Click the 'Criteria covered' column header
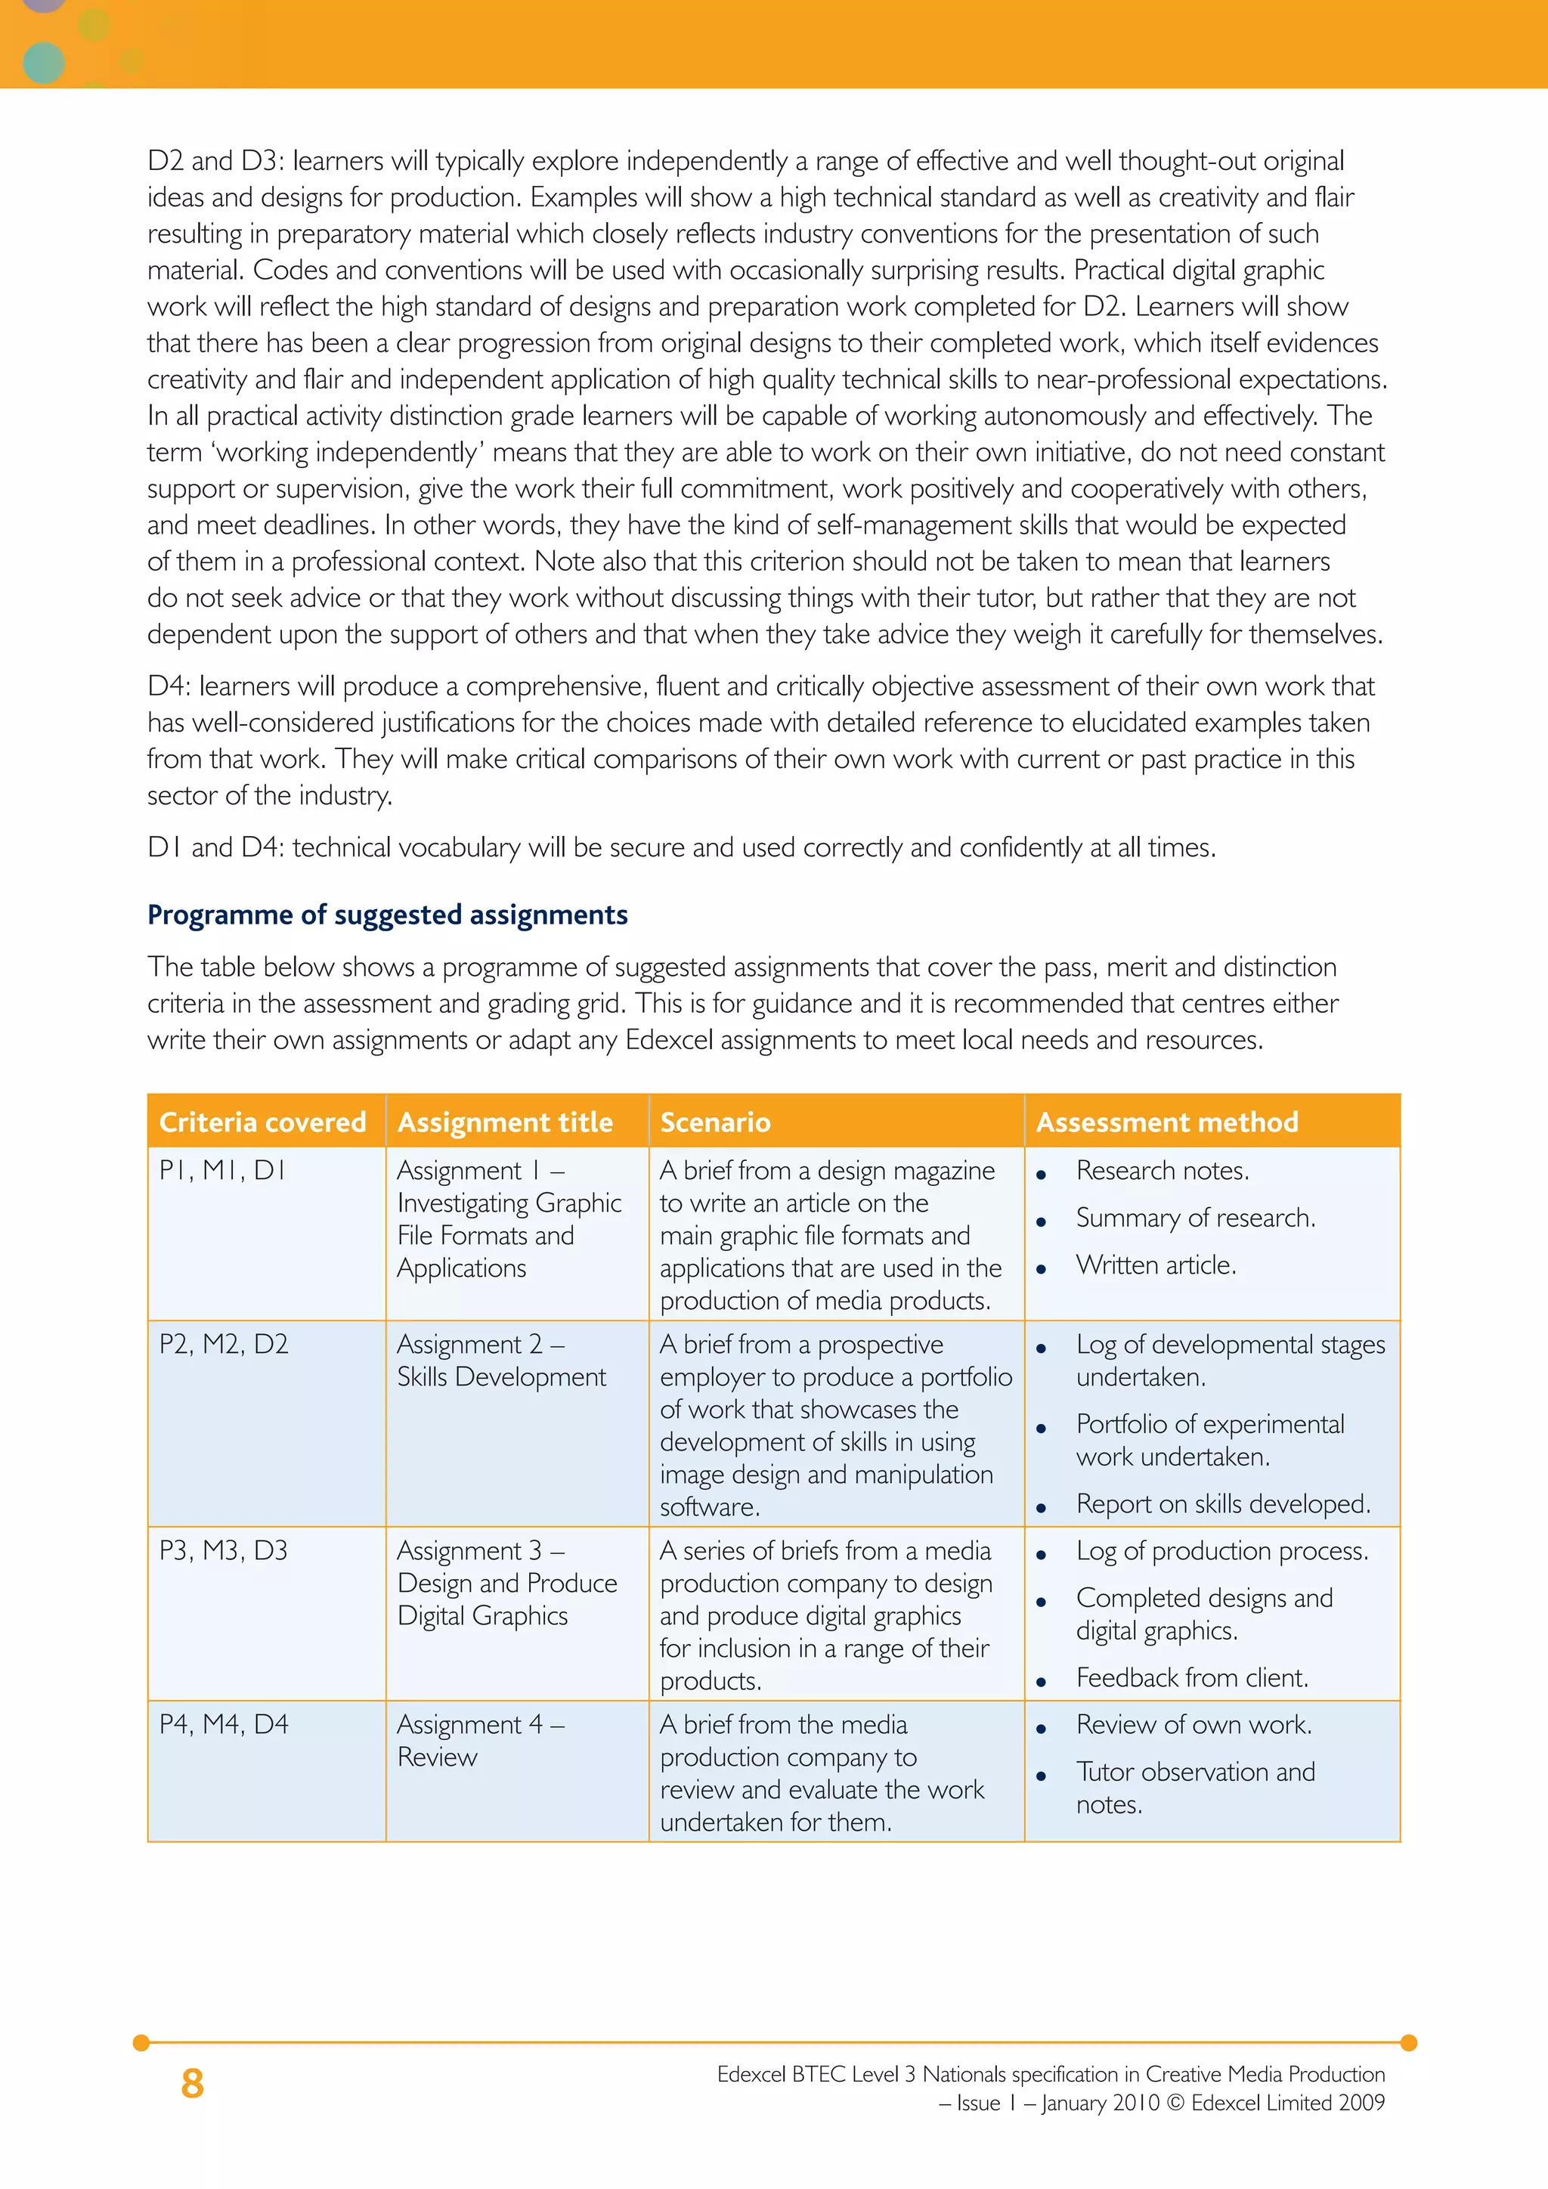tap(262, 1122)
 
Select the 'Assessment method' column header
tap(1167, 1122)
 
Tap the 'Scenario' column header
tap(715, 1122)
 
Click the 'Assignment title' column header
tap(504, 1122)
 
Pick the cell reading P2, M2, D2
tap(223, 1344)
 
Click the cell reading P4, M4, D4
tap(223, 1725)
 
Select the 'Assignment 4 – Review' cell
tap(481, 1741)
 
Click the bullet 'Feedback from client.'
tap(1191, 1678)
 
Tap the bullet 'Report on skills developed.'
tap(1223, 1504)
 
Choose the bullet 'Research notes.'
tap(1162, 1171)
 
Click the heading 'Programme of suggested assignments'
tap(387, 915)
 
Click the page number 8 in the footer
tap(193, 2084)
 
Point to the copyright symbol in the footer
tap(1175, 2103)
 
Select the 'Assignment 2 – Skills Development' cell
tap(500, 1361)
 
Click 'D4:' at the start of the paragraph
tap(169, 686)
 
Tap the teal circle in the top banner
tap(43, 63)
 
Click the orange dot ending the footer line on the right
tap(1409, 2043)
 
